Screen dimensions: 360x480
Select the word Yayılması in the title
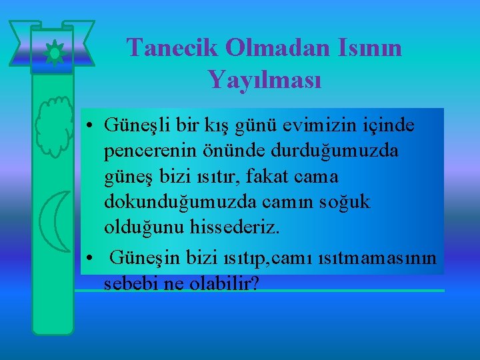click(265, 80)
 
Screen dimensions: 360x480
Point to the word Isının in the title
click(365, 47)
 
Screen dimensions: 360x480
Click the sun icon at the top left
click(52, 51)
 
